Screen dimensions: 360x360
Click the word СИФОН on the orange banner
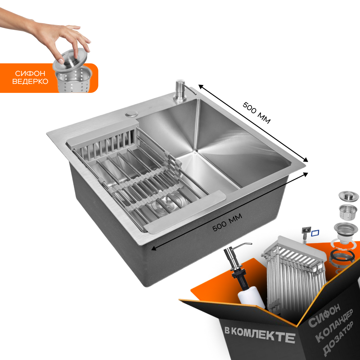tap(30, 73)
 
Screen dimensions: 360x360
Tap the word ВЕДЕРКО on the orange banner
tap(30, 81)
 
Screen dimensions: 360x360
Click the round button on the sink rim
tap(131, 114)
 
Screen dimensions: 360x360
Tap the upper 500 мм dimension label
tap(256, 112)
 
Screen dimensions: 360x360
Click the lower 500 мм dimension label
tap(227, 222)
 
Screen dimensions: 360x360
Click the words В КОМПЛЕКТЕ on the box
tap(259, 334)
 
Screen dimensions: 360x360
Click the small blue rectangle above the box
tap(315, 233)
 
